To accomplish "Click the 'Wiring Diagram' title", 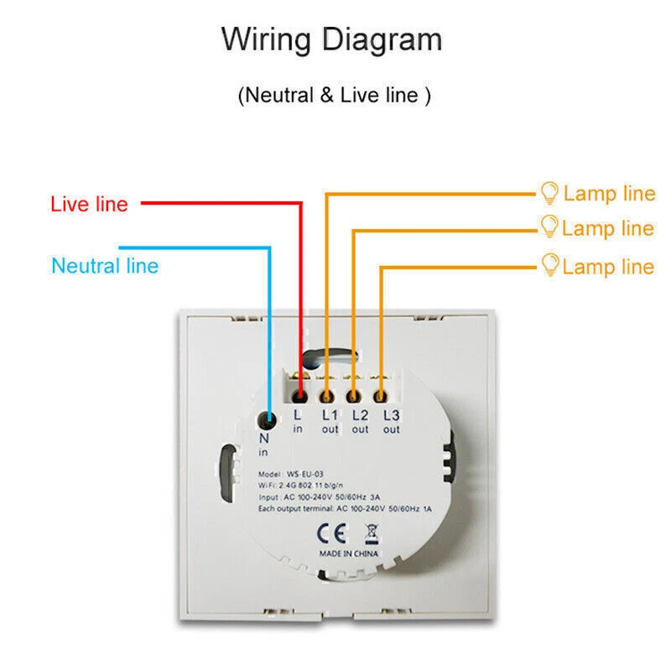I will coord(331,39).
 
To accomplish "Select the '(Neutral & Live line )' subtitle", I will coord(335,95).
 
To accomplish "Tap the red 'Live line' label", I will coord(89,204).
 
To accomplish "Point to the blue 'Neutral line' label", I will coord(105,266).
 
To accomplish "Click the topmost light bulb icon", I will coord(549,192).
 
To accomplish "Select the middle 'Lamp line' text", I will coord(608,228).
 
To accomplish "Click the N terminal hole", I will coord(268,418).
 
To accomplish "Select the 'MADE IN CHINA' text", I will coord(348,554).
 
